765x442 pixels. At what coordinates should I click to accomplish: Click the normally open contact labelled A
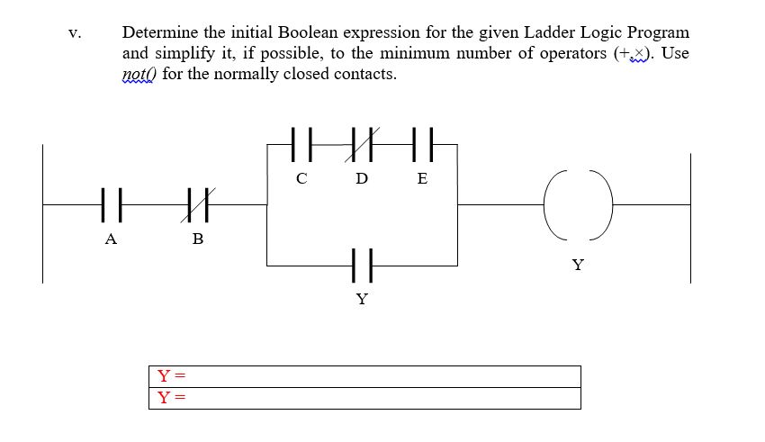coord(111,204)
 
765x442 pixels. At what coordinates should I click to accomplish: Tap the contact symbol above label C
coord(302,143)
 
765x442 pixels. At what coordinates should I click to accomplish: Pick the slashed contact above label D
coord(362,143)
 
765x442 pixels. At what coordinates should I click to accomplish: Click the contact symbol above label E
coord(422,143)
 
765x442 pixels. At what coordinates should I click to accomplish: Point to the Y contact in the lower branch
coord(362,266)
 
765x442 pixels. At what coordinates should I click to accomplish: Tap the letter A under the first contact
coord(111,239)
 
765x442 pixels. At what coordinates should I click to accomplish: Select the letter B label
coord(198,239)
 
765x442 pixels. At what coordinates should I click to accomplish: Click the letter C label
coord(302,178)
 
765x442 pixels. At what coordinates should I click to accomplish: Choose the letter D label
coord(362,178)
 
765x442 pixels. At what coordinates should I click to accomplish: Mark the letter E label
coord(422,178)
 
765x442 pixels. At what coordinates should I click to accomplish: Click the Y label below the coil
coord(578,265)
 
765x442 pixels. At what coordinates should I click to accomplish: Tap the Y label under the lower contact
coord(362,299)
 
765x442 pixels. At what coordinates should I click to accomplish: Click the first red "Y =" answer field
coord(364,376)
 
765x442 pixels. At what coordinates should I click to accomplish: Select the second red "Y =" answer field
coord(364,398)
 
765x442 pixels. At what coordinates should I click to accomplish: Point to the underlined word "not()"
coord(139,74)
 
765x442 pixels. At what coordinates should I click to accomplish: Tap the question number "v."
coord(74,33)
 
